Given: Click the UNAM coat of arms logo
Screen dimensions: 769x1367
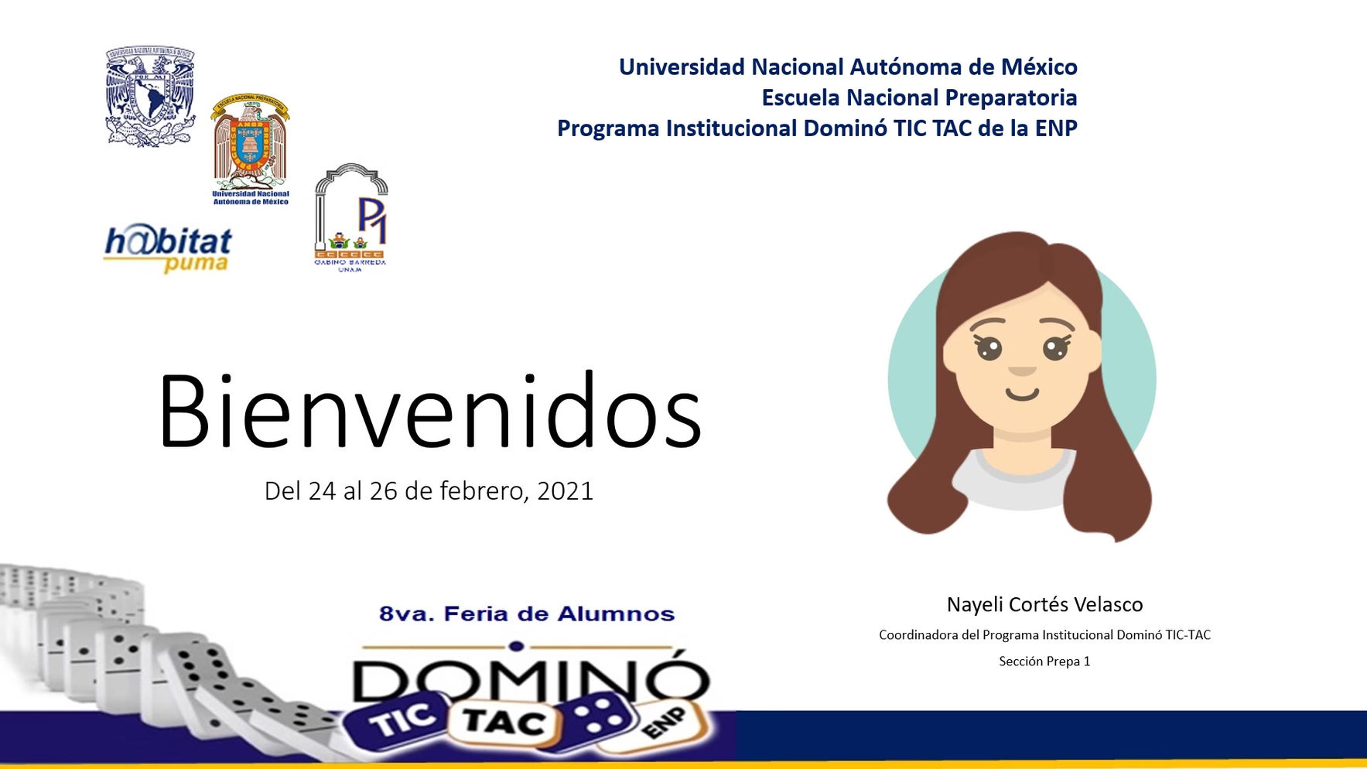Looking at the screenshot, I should [x=150, y=97].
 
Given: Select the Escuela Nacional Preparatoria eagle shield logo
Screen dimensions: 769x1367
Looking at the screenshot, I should [x=250, y=147].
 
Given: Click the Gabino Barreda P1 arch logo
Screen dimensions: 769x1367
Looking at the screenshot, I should [x=350, y=217].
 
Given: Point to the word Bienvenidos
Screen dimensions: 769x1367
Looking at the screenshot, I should [x=429, y=411].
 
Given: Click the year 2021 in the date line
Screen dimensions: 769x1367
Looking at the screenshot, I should [x=565, y=491].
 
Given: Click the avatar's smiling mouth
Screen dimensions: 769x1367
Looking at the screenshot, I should [x=1022, y=395].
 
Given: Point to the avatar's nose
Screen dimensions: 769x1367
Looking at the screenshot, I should [x=1022, y=371].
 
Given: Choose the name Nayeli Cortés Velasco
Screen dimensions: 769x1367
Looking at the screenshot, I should [x=1044, y=604].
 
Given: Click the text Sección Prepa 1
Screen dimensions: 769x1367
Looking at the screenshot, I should [x=1044, y=661].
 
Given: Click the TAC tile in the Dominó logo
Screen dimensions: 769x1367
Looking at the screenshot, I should [x=504, y=721].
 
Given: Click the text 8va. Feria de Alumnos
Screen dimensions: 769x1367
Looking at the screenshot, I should [x=526, y=614].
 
